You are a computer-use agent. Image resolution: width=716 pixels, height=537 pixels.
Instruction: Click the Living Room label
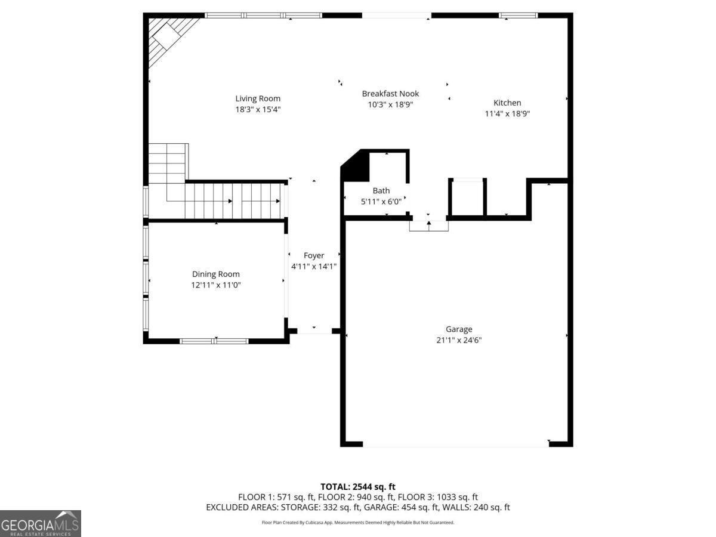tap(258, 98)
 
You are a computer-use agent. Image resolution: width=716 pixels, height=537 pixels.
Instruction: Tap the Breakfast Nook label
tap(390, 94)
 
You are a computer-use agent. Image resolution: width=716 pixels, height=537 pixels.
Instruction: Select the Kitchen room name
tap(507, 103)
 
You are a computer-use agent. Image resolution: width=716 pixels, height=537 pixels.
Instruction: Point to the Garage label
tap(459, 329)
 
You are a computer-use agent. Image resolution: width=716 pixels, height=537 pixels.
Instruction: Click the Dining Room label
tap(215, 274)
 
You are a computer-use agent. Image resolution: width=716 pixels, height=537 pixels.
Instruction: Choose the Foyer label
tap(314, 255)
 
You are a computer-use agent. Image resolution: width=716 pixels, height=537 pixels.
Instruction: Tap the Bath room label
tap(381, 190)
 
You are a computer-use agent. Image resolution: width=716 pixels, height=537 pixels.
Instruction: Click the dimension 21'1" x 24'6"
tap(459, 340)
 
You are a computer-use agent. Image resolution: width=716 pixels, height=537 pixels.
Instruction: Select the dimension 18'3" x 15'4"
tap(258, 109)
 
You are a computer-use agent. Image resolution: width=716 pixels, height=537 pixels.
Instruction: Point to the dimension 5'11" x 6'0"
tap(381, 202)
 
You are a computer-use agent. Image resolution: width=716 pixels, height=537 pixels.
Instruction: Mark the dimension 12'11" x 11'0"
tap(215, 285)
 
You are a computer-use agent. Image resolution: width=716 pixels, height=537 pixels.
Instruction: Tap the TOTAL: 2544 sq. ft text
tap(358, 487)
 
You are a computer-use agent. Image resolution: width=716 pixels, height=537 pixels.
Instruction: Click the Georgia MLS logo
tap(41, 523)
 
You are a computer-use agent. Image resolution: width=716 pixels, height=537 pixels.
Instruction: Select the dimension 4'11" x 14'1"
tap(314, 266)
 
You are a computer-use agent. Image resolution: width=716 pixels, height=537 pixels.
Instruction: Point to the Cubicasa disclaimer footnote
tap(358, 522)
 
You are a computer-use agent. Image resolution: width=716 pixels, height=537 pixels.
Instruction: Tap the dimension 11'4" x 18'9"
tap(507, 113)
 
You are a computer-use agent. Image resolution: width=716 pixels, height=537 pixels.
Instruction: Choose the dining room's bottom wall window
tap(214, 341)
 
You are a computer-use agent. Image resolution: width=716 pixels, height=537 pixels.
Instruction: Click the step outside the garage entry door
tap(428, 226)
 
